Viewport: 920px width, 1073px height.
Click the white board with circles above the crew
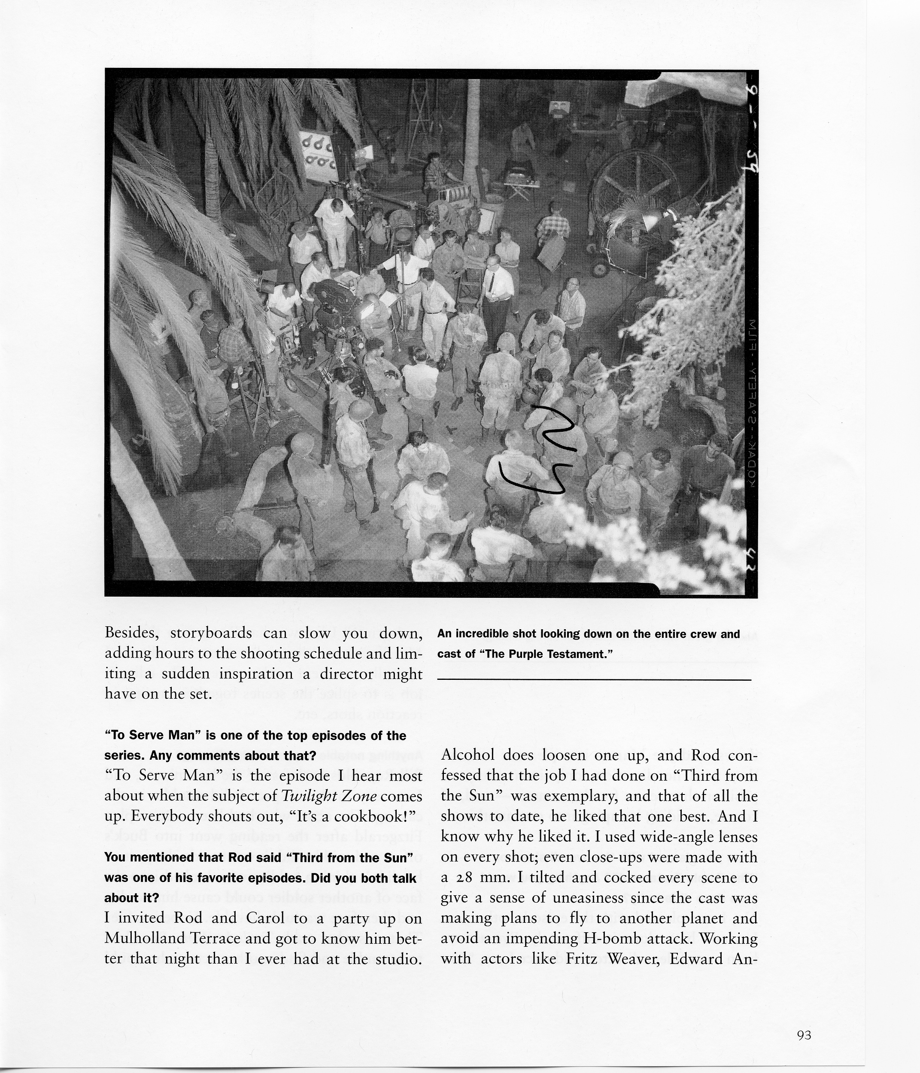tap(317, 155)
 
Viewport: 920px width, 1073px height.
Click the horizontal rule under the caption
tap(594, 680)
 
